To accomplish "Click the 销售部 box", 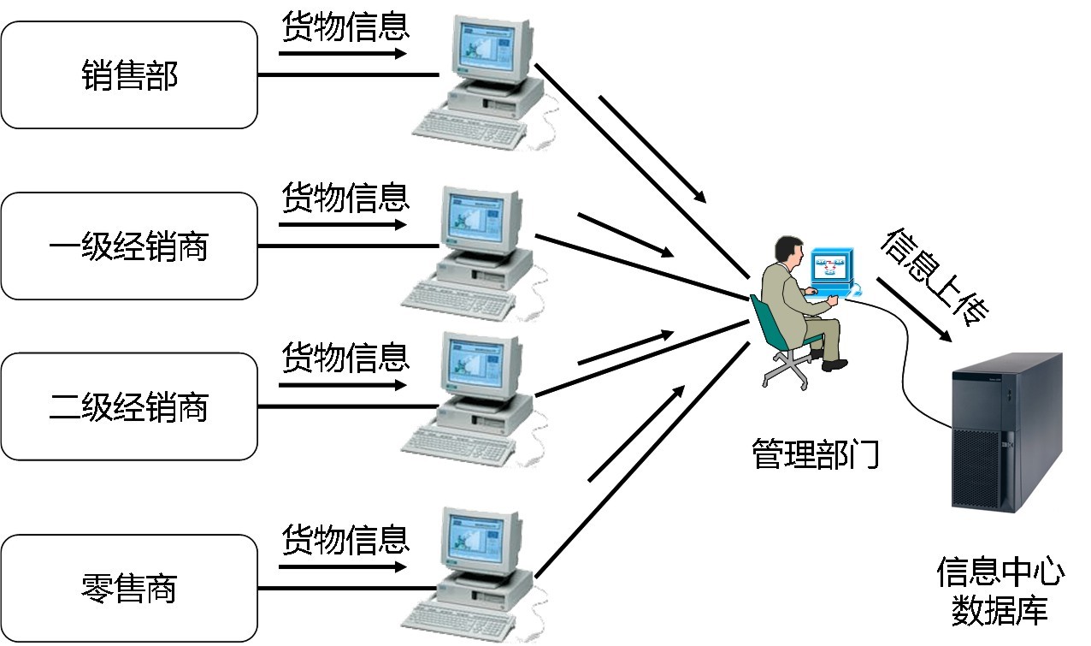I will click(x=129, y=75).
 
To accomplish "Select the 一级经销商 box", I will click(x=129, y=246).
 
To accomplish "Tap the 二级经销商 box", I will click(x=129, y=406).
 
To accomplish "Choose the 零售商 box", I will click(x=129, y=589).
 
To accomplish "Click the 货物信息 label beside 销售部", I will click(x=345, y=28).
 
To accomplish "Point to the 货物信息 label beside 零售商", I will click(x=345, y=540).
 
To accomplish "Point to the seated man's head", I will click(x=787, y=252).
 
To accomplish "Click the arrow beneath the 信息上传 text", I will click(x=913, y=310).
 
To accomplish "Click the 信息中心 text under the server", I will click(x=1000, y=572).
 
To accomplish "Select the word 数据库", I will click(x=1000, y=611).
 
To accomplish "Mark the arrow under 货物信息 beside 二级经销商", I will click(x=342, y=385).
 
